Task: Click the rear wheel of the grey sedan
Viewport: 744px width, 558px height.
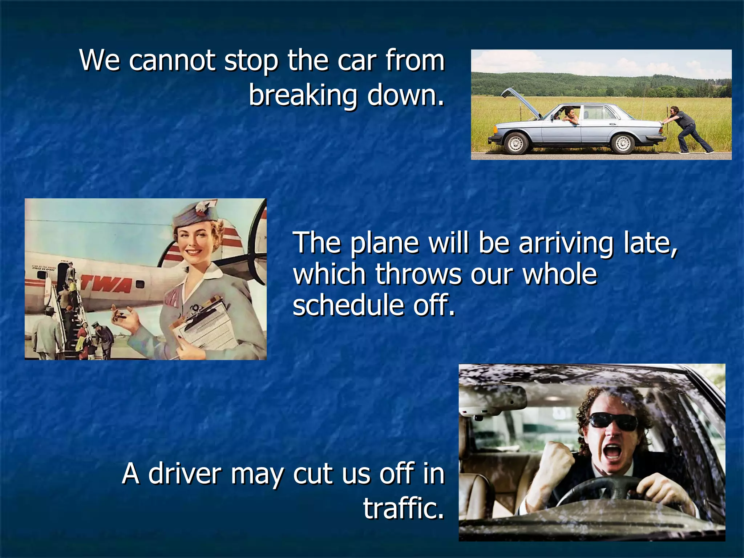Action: coord(623,143)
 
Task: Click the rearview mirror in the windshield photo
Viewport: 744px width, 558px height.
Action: coord(492,400)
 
